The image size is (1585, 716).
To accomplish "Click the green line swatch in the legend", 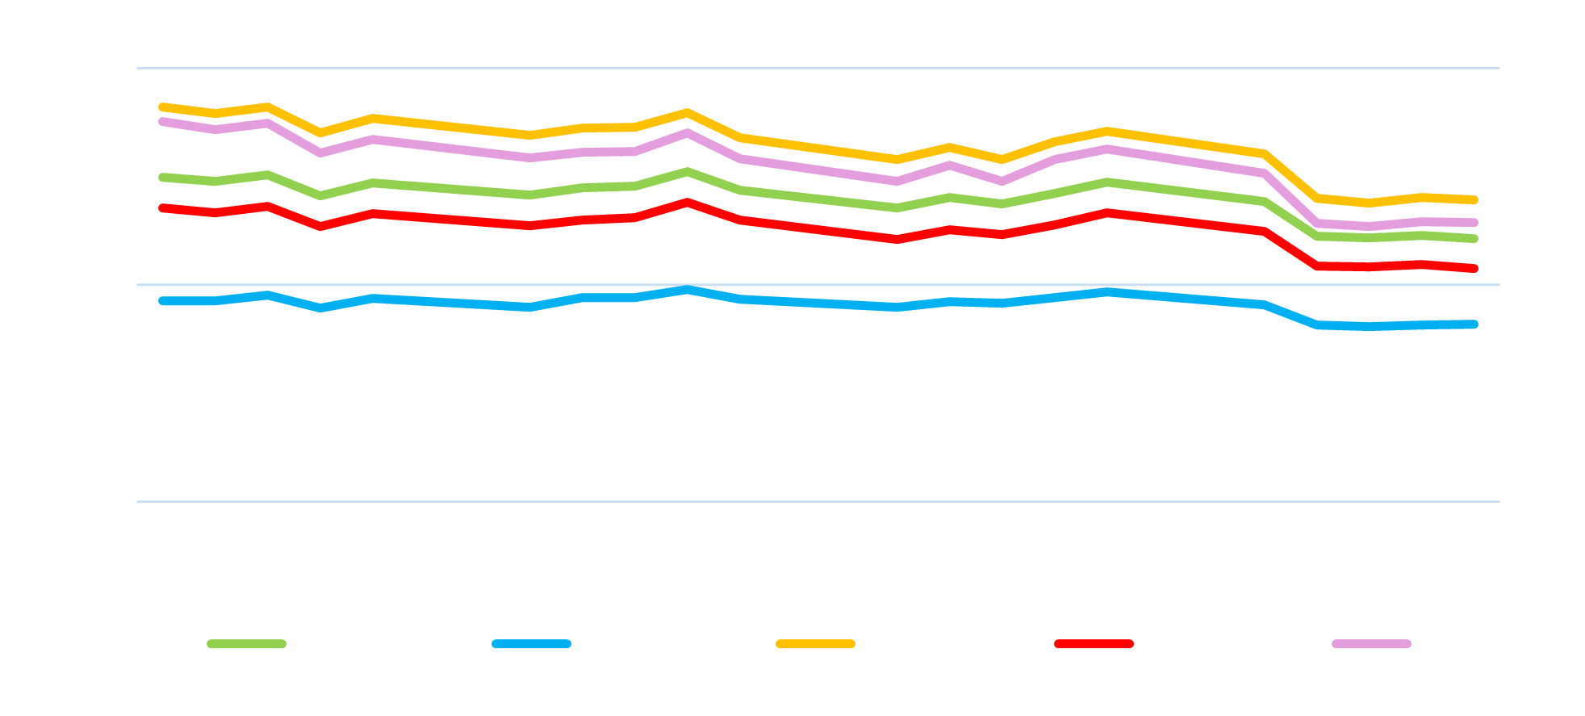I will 247,644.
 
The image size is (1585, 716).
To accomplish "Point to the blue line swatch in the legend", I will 531,644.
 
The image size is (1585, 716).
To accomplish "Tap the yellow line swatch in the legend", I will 815,644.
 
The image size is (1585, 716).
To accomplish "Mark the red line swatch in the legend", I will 1094,644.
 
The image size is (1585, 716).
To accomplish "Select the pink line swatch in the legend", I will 1372,644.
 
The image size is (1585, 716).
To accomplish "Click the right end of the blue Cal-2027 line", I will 1474,325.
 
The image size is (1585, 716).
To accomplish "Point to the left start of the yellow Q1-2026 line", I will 162,107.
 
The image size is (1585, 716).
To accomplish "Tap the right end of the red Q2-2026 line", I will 1474,268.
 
